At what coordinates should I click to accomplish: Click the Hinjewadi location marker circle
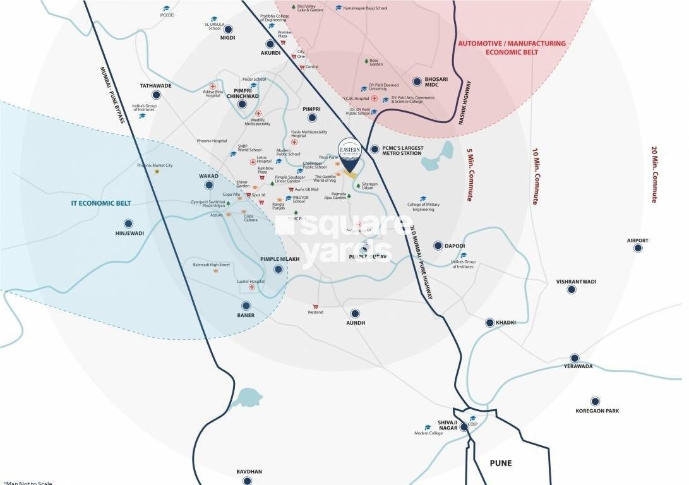coord(129,223)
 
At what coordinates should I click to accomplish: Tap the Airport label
coord(637,240)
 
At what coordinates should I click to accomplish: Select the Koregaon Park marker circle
coord(594,401)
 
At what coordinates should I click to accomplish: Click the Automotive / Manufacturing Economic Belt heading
coord(512,48)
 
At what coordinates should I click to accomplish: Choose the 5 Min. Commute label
coord(469,175)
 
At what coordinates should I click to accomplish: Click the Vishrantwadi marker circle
coord(572,290)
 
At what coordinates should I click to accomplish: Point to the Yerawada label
coord(574,366)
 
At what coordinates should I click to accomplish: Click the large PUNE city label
coord(501,463)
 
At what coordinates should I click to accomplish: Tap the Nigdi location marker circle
coord(227,28)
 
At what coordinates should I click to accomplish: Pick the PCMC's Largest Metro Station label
coord(402,150)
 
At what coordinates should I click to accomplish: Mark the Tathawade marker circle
coord(156,95)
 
